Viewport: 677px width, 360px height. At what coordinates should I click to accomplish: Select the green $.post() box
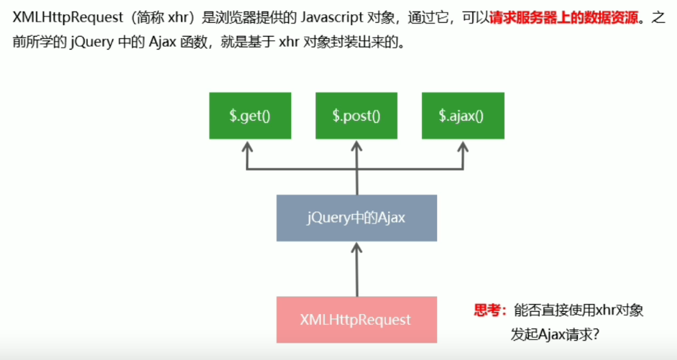coord(356,116)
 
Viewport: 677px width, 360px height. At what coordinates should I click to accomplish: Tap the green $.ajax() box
coord(462,116)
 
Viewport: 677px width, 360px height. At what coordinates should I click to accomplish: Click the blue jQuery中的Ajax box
coord(356,217)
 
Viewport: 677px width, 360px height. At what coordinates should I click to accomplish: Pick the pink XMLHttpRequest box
coord(356,319)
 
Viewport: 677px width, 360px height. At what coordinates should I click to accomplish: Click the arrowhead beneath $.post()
coord(356,147)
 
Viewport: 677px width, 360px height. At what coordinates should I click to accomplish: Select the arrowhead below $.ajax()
coord(462,147)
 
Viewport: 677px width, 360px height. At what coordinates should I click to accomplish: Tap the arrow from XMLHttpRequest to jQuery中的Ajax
coord(356,269)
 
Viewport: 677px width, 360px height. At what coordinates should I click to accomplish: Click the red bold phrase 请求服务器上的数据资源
coord(563,18)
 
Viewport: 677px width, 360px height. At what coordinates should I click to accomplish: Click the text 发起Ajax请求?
coord(555,334)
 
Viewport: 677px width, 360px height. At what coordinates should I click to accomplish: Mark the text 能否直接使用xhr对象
coord(578,310)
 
